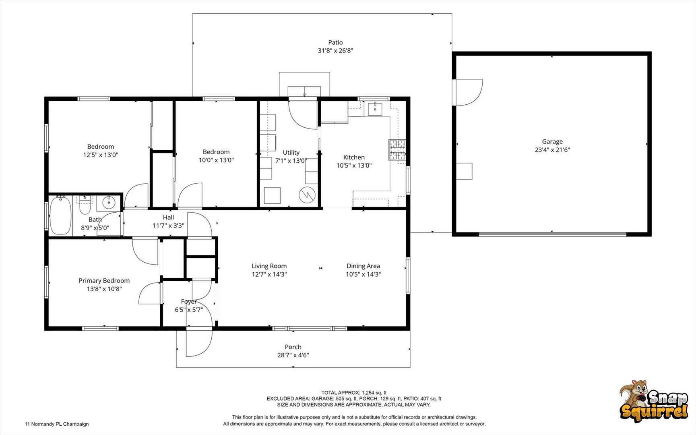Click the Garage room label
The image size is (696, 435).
(552, 142)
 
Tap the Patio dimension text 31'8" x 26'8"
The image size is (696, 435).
(335, 51)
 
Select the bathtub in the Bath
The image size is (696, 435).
(60, 216)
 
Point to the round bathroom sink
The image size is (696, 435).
(108, 203)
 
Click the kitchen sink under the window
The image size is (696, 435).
(375, 108)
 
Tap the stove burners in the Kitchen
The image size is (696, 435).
(397, 150)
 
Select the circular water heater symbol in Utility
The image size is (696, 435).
(307, 195)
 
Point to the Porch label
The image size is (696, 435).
(293, 347)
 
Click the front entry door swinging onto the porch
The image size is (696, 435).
(199, 342)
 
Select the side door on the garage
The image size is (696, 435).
(468, 93)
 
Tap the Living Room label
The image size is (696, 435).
(269, 266)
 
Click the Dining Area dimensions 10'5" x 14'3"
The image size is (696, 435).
(363, 274)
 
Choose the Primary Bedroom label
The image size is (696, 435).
(104, 281)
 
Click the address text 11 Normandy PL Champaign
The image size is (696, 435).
(57, 424)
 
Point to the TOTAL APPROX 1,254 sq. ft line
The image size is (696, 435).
(353, 392)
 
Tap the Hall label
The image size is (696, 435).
(168, 217)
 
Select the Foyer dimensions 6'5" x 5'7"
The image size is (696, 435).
(188, 310)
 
